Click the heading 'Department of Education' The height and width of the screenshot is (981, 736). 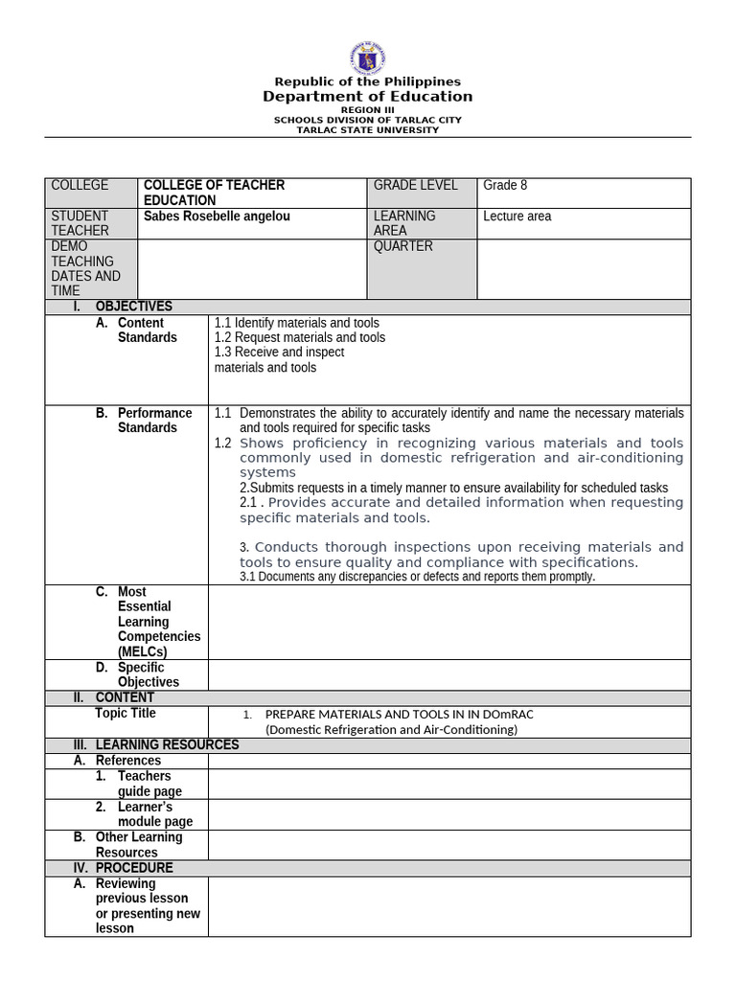(368, 97)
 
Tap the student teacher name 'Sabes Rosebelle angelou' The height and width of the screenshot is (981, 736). (217, 217)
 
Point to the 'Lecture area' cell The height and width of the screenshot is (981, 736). (517, 217)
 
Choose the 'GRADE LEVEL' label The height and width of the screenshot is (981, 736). (415, 186)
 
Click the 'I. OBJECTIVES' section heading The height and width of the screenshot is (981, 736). (133, 307)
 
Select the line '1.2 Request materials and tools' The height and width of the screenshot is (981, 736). (300, 337)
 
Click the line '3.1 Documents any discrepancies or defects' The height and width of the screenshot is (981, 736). (417, 577)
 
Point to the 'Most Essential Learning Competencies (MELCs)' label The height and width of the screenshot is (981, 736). (158, 622)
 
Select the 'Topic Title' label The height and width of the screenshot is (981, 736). (126, 714)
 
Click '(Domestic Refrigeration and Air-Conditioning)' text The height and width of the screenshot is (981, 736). (391, 729)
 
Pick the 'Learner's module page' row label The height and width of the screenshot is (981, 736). (154, 814)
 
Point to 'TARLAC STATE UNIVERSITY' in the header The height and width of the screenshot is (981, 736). (368, 130)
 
